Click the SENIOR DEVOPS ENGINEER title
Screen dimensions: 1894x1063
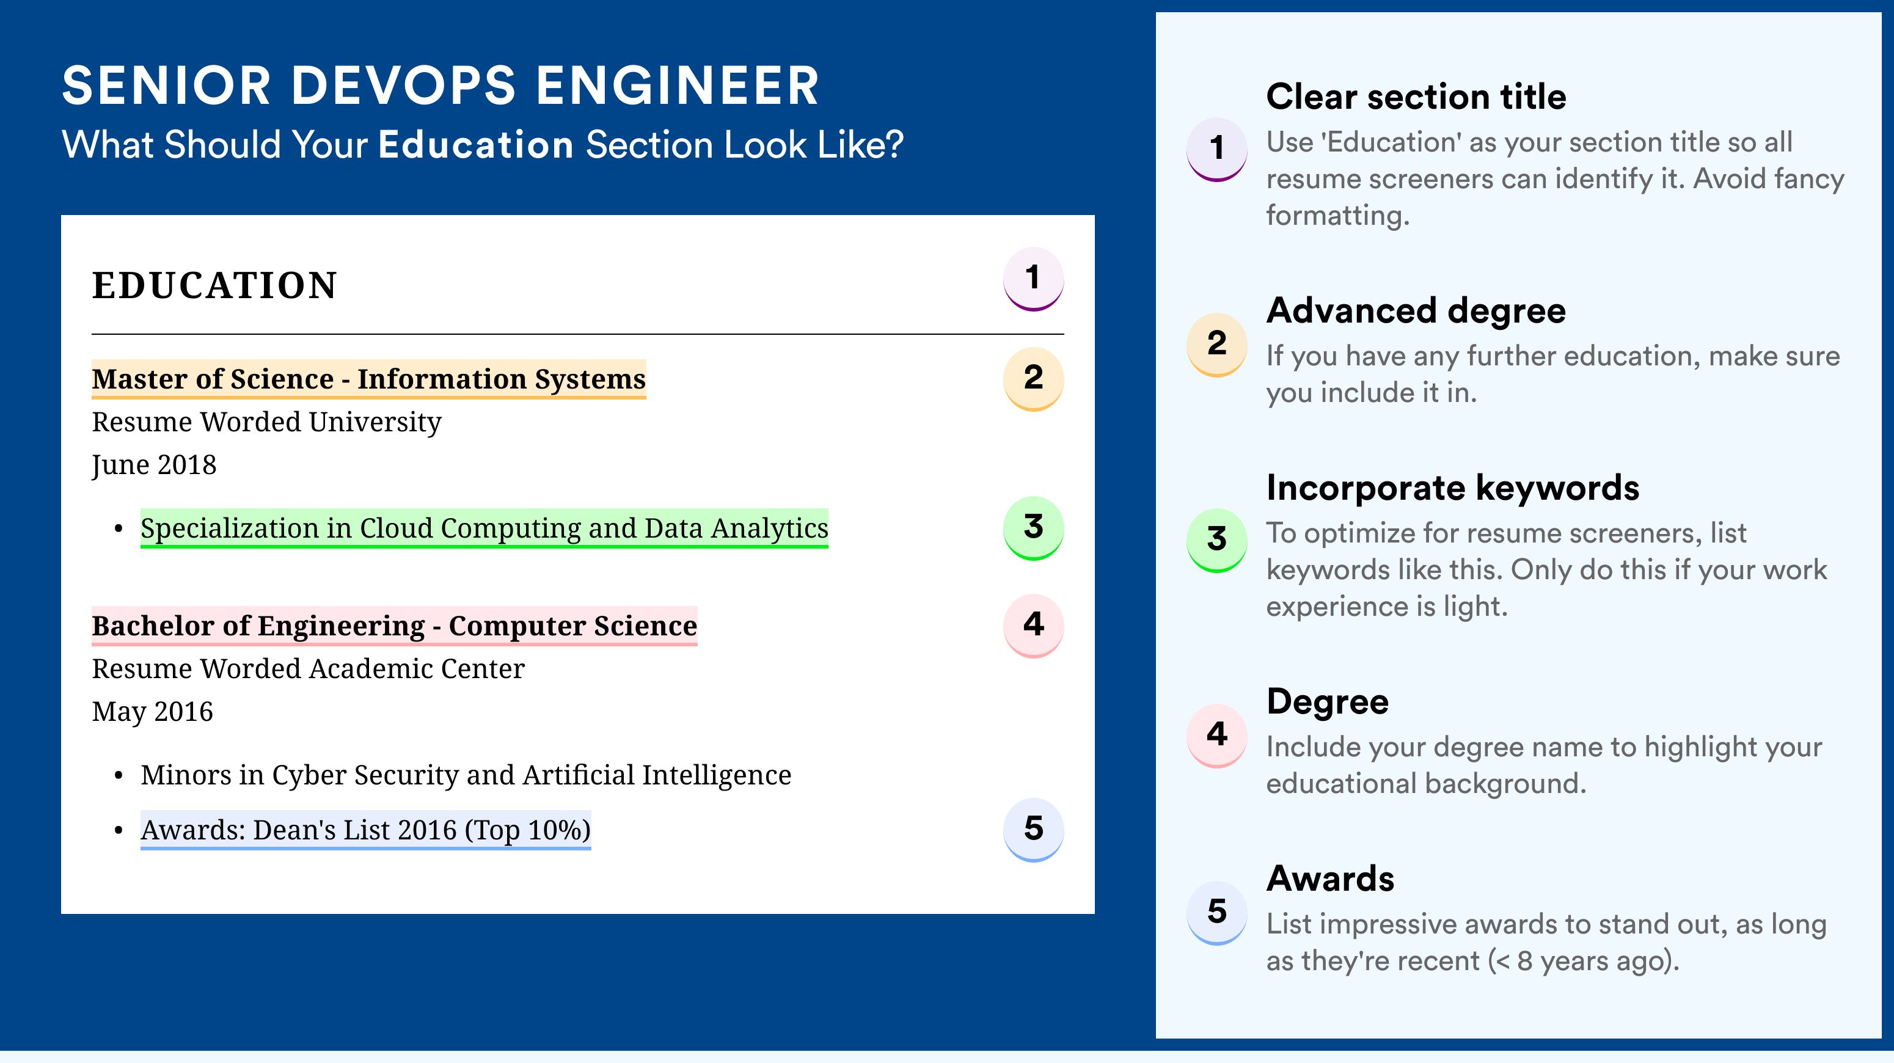[x=441, y=86]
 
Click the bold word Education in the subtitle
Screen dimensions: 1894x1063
[x=476, y=144]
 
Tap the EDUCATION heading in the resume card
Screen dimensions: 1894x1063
[x=214, y=285]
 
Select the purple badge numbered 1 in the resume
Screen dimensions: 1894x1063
[x=1033, y=279]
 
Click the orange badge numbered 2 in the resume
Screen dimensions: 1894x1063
[x=1033, y=379]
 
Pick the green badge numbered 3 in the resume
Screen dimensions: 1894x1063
[x=1033, y=528]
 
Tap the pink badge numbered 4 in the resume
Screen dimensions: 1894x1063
[x=1033, y=626]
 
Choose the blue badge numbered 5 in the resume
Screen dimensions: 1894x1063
[x=1033, y=830]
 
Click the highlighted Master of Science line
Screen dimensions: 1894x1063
[x=368, y=379]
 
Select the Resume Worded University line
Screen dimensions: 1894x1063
[x=266, y=422]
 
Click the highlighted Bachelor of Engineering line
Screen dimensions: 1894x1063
[x=394, y=626]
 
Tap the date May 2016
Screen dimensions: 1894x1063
[x=152, y=712]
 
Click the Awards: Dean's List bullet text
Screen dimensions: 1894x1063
[x=365, y=830]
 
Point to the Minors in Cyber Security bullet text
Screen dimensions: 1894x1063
[x=466, y=775]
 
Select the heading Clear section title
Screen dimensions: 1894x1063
[x=1416, y=97]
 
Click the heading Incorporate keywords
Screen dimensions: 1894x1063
[x=1453, y=488]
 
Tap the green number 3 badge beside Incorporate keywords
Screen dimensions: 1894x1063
[x=1217, y=539]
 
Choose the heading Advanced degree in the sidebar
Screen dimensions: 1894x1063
[x=1416, y=311]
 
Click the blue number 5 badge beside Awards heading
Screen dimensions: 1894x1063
[x=1217, y=912]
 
